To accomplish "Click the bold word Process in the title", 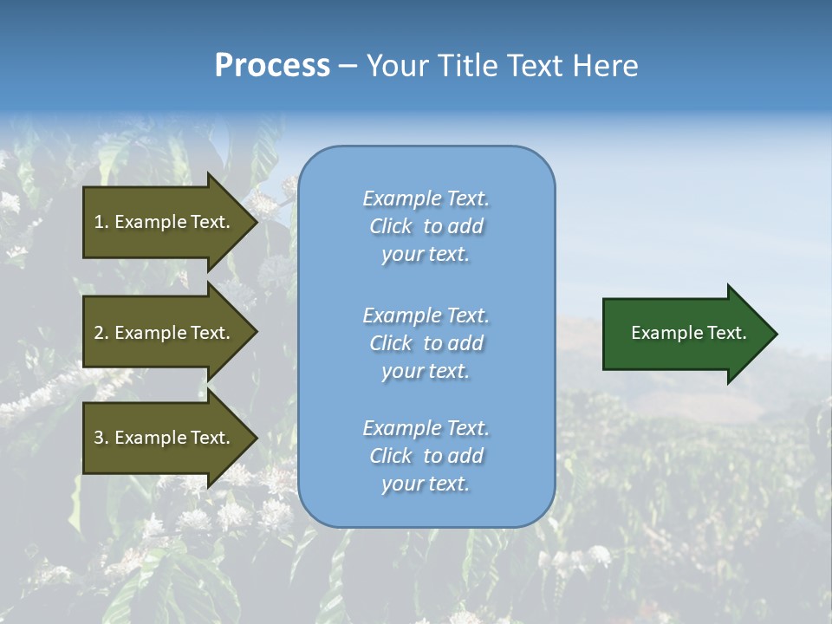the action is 272,66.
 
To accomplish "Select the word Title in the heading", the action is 467,65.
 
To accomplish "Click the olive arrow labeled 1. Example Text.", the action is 171,222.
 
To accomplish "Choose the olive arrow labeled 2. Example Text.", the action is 171,332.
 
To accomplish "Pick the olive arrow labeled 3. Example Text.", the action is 171,438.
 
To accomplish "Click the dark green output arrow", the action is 690,334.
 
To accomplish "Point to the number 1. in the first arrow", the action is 101,222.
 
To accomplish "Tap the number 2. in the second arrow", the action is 101,333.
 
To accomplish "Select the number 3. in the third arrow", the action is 101,438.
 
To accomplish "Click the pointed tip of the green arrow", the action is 777,334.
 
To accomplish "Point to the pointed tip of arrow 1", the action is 258,223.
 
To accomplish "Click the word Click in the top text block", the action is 391,226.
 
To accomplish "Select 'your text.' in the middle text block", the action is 426,372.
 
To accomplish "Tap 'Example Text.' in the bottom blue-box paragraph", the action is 426,428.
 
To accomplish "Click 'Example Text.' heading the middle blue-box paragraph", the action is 426,315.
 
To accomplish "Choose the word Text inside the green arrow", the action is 727,333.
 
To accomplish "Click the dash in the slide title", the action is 348,67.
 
